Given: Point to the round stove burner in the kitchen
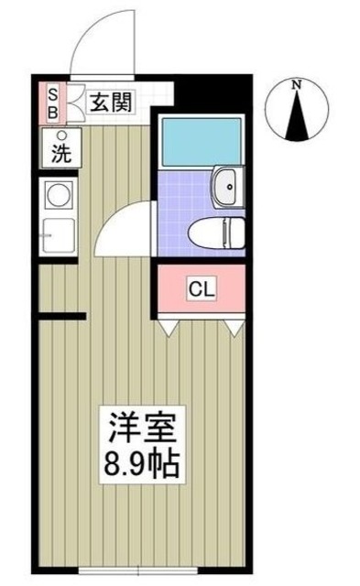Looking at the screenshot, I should coord(59,197).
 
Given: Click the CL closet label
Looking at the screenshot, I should coord(202,289).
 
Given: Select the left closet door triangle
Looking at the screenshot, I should coord(168,324).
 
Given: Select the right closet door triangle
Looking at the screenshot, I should coord(236,324).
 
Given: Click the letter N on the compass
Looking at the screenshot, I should coord(297,85).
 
